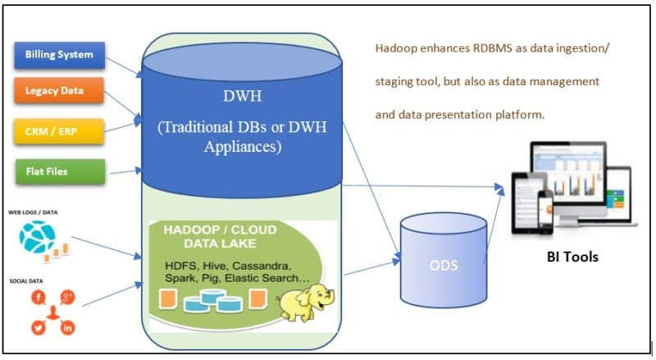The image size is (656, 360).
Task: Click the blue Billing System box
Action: [x=59, y=55]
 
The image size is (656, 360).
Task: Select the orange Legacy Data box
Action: [x=59, y=90]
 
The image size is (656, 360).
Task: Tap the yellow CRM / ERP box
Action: [x=59, y=130]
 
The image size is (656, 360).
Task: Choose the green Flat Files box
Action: [x=59, y=171]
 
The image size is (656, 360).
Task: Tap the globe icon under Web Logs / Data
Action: [x=36, y=237]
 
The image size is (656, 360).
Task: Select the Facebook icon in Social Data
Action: [x=38, y=296]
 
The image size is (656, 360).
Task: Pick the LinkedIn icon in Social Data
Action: [x=68, y=328]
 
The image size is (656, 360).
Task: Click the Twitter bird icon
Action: [x=38, y=328]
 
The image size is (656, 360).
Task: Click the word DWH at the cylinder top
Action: [x=244, y=96]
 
